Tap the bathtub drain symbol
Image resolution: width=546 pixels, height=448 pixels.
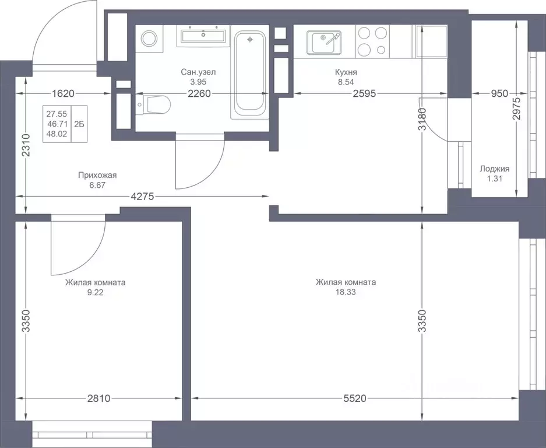(249, 40)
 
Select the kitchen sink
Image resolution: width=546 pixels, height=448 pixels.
(324, 43)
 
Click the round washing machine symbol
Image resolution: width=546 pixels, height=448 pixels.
(149, 38)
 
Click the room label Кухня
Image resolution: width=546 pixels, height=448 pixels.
(346, 72)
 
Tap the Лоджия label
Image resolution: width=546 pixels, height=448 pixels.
(495, 169)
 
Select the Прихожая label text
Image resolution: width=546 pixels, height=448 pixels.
(97, 176)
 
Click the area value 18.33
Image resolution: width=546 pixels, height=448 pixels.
(346, 292)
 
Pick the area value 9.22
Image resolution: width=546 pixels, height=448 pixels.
(96, 293)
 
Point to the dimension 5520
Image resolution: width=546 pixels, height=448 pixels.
(355, 398)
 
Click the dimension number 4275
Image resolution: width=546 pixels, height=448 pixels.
(142, 197)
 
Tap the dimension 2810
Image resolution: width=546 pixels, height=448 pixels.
(98, 398)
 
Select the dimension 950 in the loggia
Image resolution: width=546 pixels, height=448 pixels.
(499, 93)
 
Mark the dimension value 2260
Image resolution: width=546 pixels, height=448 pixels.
(199, 93)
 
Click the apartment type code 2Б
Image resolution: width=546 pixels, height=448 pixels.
(79, 124)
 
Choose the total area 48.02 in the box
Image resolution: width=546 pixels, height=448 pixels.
(57, 134)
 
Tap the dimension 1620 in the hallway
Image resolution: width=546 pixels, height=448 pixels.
(63, 93)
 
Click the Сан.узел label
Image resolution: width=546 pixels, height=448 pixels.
(198, 72)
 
